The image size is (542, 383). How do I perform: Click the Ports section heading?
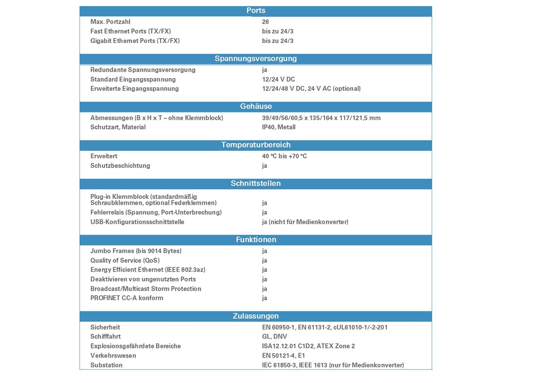(x=256, y=11)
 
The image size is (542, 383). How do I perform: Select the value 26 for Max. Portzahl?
(x=266, y=22)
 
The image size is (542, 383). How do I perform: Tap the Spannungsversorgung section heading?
(x=256, y=59)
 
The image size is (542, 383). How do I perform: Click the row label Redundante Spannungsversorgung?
(x=143, y=70)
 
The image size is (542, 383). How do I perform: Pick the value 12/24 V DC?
(x=278, y=79)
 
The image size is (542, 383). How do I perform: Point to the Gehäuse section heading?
(x=256, y=106)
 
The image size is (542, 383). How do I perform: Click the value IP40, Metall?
(x=279, y=127)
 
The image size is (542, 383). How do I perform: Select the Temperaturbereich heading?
(x=256, y=145)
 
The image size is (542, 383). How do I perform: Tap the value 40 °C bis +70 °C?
(x=284, y=156)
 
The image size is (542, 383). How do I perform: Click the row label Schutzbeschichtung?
(x=120, y=166)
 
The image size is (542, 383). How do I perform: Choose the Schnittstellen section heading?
(x=256, y=184)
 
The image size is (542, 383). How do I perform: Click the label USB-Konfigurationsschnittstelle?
(x=137, y=222)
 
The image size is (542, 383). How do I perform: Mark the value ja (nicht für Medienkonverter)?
(x=305, y=222)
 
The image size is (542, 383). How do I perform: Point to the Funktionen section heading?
(x=256, y=240)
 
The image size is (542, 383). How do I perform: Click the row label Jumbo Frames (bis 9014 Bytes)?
(x=136, y=251)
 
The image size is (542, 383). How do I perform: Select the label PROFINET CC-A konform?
(x=127, y=298)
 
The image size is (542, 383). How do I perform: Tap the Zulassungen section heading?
(x=256, y=316)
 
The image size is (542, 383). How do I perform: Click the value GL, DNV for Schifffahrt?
(x=274, y=337)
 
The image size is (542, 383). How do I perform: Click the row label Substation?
(x=106, y=365)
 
